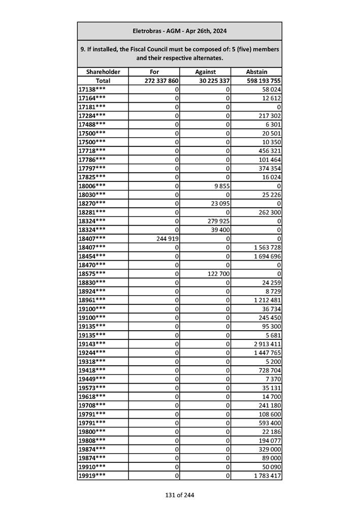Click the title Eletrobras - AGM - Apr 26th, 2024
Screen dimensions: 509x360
pyautogui.click(x=179, y=31)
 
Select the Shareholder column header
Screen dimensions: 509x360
pyautogui.click(x=103, y=72)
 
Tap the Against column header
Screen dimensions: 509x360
pyautogui.click(x=206, y=72)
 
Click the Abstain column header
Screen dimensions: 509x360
pyautogui.click(x=256, y=72)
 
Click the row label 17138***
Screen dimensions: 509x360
pyautogui.click(x=92, y=89)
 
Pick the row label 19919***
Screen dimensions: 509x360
pyautogui.click(x=92, y=476)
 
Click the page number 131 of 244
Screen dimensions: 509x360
pyautogui.click(x=179, y=495)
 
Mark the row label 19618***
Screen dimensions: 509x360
pyautogui.click(x=92, y=397)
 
